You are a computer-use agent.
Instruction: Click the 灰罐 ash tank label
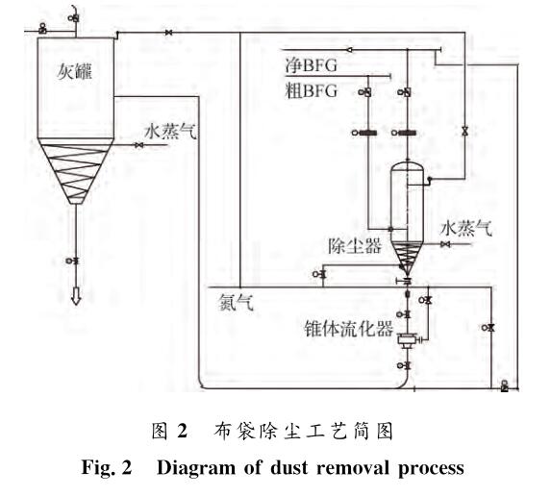[74, 72]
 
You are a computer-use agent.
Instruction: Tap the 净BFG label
[311, 65]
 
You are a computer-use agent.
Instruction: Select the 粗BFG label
[311, 90]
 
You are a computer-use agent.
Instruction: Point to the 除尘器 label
[354, 245]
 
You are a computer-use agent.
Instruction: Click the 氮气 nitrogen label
[236, 302]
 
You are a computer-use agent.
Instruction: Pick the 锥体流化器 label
[348, 329]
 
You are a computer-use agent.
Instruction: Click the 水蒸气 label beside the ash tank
[170, 132]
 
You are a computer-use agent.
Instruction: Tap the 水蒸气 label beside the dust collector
[466, 228]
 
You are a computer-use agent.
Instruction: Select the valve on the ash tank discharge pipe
[73, 261]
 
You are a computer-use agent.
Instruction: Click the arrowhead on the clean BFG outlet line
[349, 50]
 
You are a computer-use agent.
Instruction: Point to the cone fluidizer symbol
[407, 339]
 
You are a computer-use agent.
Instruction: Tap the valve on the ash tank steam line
[139, 145]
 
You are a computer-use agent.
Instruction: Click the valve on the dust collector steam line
[445, 244]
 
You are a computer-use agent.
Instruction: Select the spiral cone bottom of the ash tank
[76, 171]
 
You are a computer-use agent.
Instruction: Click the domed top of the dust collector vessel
[407, 167]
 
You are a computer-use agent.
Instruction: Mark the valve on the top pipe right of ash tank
[168, 33]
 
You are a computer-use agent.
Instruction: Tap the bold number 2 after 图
[182, 431]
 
